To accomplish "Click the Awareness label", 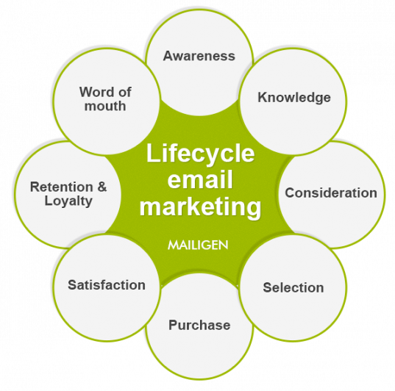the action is point(199,56).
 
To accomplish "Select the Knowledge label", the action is point(294,98).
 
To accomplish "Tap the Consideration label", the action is point(331,193).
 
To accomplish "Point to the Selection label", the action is point(293,287).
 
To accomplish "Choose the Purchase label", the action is point(199,325).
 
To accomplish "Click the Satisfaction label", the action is point(107,285).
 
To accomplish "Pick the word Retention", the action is point(62,187).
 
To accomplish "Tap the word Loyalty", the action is point(68,201).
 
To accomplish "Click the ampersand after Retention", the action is point(102,187).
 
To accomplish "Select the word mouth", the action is point(105,106).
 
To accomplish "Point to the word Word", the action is point(95,92).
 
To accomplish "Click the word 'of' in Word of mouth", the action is point(125,92).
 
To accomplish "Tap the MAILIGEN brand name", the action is point(198,245).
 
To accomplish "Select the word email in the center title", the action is point(200,180).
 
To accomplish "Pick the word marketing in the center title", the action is point(200,207).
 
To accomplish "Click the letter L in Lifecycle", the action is point(153,153).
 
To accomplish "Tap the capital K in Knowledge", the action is point(263,97).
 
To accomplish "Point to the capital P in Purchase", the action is point(174,325).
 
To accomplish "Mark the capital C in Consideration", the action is point(291,193).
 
